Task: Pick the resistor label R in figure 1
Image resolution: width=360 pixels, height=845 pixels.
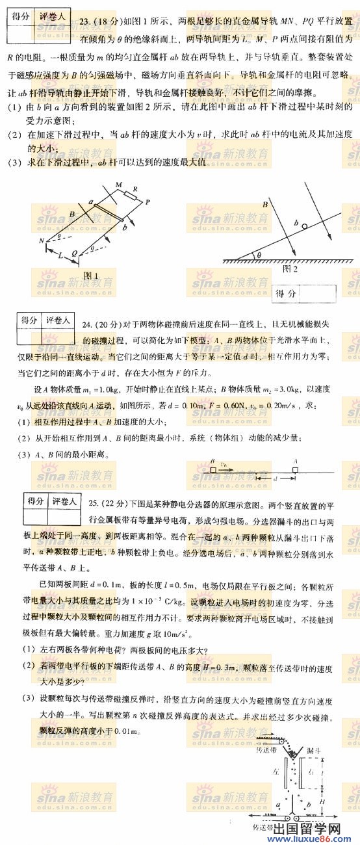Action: (135, 190)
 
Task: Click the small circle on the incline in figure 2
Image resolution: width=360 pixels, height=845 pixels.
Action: (305, 224)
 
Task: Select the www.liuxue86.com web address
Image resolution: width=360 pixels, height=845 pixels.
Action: (319, 838)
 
